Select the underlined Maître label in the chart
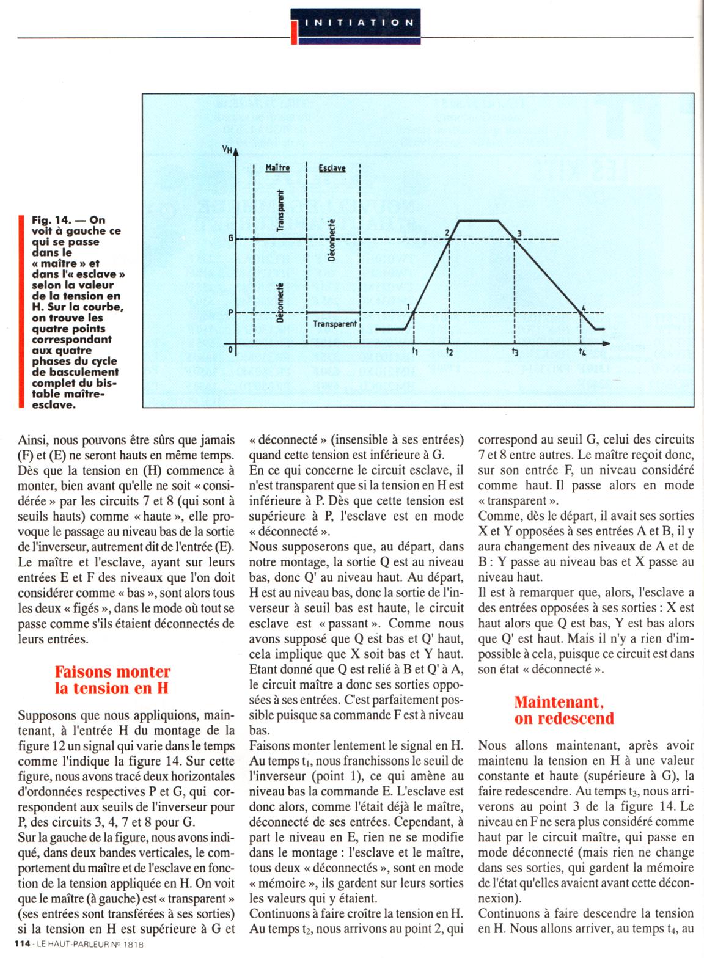pos(277,167)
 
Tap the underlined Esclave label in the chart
pos(332,168)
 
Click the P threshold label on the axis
pos(230,312)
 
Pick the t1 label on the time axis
pos(414,351)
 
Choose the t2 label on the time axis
pos(449,351)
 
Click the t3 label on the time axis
pos(515,351)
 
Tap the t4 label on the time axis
pos(582,351)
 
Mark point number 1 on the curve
pos(408,306)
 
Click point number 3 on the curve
pos(519,233)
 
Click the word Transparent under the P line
pos(335,324)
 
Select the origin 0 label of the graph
pos(230,350)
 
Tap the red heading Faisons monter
pos(112,671)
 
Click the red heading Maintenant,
pos(563,701)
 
